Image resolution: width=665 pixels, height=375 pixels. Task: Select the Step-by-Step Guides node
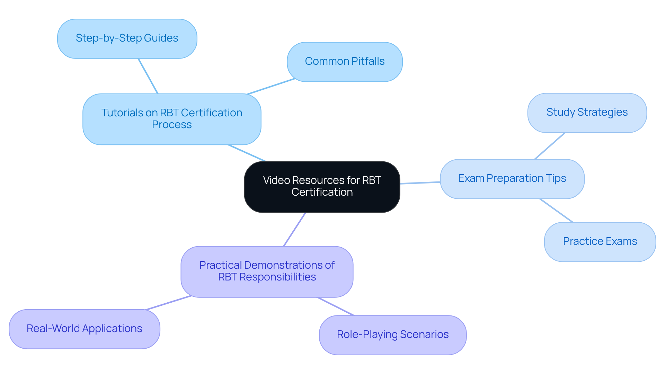click(x=127, y=38)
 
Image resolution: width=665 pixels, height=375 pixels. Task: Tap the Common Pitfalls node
click(x=345, y=62)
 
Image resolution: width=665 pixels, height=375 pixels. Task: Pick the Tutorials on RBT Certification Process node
click(x=172, y=119)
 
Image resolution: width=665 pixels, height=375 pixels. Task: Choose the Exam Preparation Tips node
click(x=512, y=179)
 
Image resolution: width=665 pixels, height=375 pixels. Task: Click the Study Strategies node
click(x=587, y=113)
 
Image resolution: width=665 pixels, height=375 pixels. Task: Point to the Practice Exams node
click(x=600, y=241)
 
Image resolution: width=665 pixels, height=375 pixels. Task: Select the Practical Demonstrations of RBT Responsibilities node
click(x=267, y=271)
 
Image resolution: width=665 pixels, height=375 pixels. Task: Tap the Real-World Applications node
click(x=84, y=329)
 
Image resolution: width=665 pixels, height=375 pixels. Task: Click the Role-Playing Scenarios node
click(x=392, y=334)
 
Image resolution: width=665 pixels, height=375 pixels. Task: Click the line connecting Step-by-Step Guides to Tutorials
click(x=148, y=76)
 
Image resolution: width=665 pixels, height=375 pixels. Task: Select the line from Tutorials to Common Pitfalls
click(x=271, y=86)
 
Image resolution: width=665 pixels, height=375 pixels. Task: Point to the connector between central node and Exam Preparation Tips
click(x=420, y=182)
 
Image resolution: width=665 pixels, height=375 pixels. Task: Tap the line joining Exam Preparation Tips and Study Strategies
click(x=550, y=146)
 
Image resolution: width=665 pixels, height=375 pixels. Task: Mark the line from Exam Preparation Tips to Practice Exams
click(x=556, y=210)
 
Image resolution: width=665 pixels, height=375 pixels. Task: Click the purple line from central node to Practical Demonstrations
click(x=294, y=229)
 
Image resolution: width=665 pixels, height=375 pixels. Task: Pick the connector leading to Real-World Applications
click(x=169, y=303)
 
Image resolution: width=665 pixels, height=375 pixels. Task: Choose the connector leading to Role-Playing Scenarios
click(x=336, y=306)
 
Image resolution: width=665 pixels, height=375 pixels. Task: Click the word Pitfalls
click(x=368, y=62)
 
